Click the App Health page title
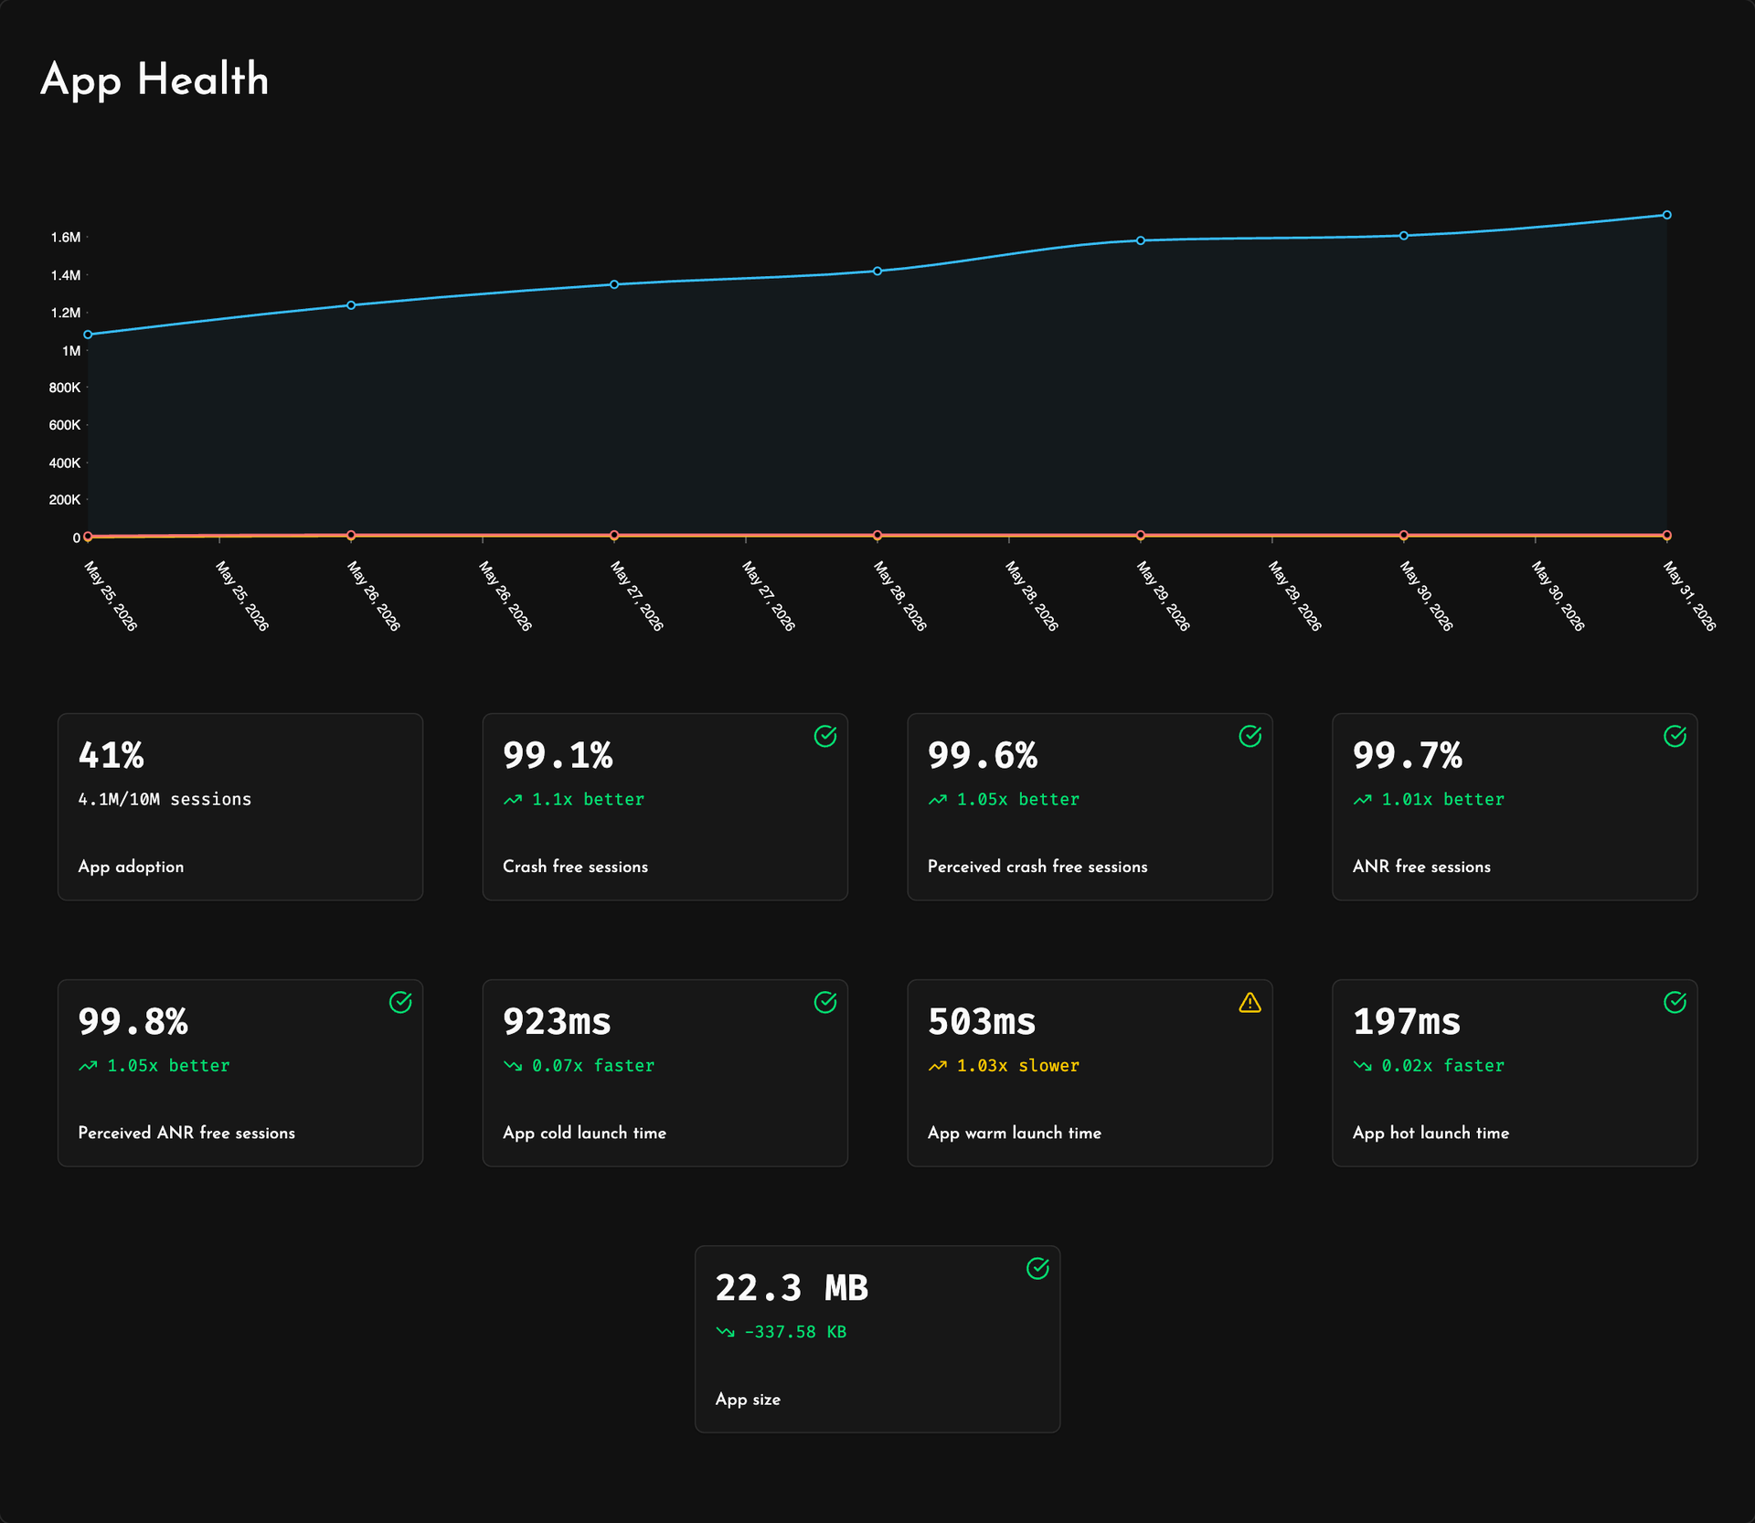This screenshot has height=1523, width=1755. (154, 80)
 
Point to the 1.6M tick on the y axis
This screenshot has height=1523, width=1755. (66, 238)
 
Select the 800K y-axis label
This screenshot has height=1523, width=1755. (65, 388)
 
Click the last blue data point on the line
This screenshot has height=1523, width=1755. (1667, 215)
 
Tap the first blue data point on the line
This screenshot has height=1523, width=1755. (88, 335)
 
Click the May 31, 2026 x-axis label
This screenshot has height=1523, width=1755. (1689, 596)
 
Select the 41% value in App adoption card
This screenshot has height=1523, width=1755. (111, 755)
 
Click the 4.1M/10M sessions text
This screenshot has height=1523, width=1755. (165, 799)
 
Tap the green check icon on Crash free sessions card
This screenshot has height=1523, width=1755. (825, 736)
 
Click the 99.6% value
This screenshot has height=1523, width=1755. (983, 755)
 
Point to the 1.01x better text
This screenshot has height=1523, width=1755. (1443, 799)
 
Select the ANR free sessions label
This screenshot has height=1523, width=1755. (1421, 867)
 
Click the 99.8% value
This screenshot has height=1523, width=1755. (133, 1021)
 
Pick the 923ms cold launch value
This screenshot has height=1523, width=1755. (557, 1021)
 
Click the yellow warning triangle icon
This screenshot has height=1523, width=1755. (1250, 1003)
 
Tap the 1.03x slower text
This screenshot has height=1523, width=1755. (1018, 1065)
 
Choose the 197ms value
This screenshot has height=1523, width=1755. (1407, 1021)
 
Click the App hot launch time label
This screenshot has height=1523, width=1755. (1431, 1133)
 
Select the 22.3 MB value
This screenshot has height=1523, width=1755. (792, 1287)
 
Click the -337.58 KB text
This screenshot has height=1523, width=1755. (795, 1332)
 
